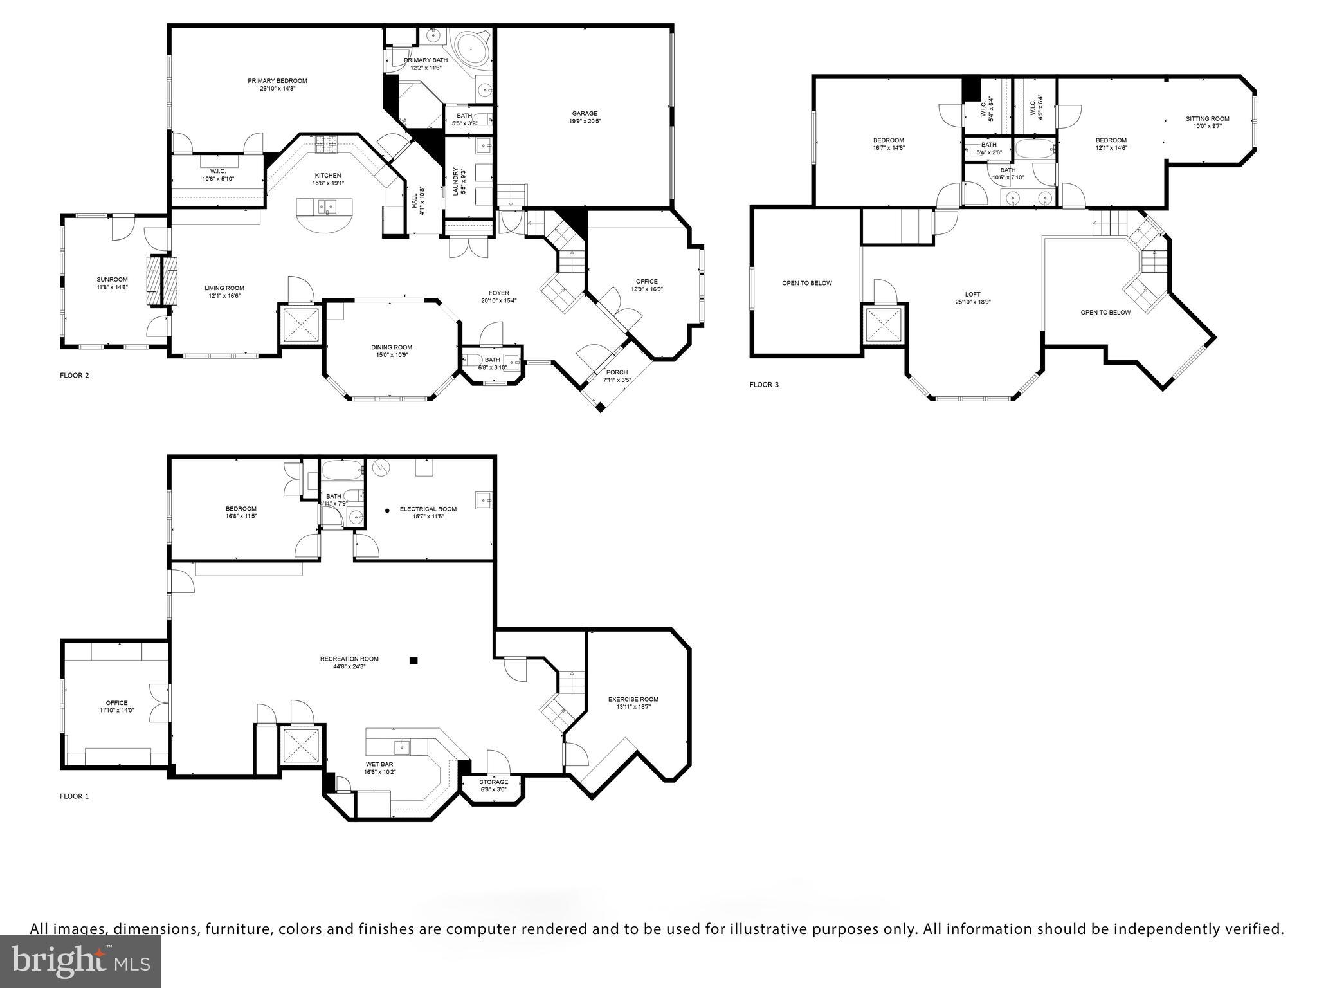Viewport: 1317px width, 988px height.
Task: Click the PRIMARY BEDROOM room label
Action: (277, 81)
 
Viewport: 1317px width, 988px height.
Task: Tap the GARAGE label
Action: (584, 114)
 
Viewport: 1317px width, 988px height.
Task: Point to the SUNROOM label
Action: (112, 280)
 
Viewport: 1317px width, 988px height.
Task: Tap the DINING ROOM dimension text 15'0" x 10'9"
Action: (392, 355)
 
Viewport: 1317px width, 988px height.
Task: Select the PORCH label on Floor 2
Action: (617, 372)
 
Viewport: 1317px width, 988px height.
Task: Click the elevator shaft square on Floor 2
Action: (302, 325)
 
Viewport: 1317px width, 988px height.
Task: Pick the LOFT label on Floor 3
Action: (972, 295)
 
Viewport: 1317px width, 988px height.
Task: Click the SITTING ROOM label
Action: (1207, 118)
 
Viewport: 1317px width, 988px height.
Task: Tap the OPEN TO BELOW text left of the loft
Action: (806, 283)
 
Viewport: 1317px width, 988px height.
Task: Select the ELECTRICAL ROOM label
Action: (428, 509)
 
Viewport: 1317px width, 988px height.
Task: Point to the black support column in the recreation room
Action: (414, 660)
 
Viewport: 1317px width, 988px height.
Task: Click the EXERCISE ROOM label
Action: (633, 699)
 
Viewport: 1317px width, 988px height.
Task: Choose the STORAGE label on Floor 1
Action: (493, 782)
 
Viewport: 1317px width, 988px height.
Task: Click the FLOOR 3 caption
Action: (763, 385)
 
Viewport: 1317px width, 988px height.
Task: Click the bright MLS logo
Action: (80, 961)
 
